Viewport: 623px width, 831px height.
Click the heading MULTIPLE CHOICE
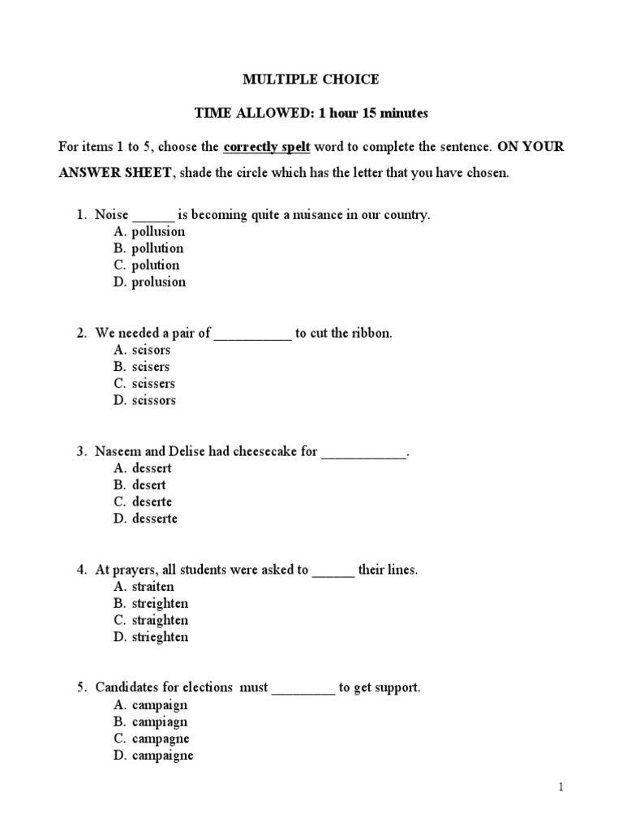pyautogui.click(x=311, y=80)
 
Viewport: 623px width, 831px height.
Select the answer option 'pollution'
pyautogui.click(x=157, y=248)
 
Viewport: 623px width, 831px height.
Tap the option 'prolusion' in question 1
pyautogui.click(x=158, y=282)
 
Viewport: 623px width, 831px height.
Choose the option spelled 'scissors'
pyautogui.click(x=153, y=401)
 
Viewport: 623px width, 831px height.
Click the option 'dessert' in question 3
pyautogui.click(x=152, y=469)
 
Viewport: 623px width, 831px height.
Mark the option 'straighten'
pyautogui.click(x=160, y=621)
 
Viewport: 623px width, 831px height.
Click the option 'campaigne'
pyautogui.click(x=162, y=756)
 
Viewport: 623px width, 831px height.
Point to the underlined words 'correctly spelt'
pyautogui.click(x=267, y=148)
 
